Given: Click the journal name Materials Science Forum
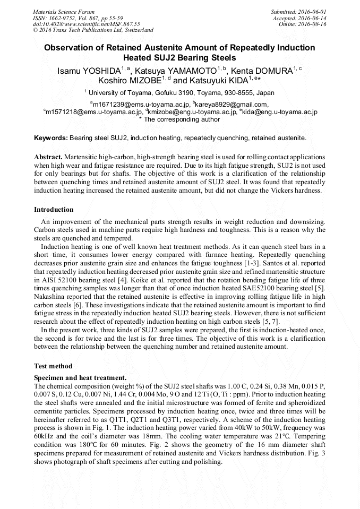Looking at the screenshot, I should pyautogui.click(x=64, y=11).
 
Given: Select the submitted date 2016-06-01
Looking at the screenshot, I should pyautogui.click(x=313, y=11).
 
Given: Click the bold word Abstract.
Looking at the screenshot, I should pyautogui.click(x=48, y=158).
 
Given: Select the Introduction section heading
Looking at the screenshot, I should pyautogui.click(x=54, y=210).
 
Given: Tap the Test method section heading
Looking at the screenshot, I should pyautogui.click(x=53, y=366).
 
